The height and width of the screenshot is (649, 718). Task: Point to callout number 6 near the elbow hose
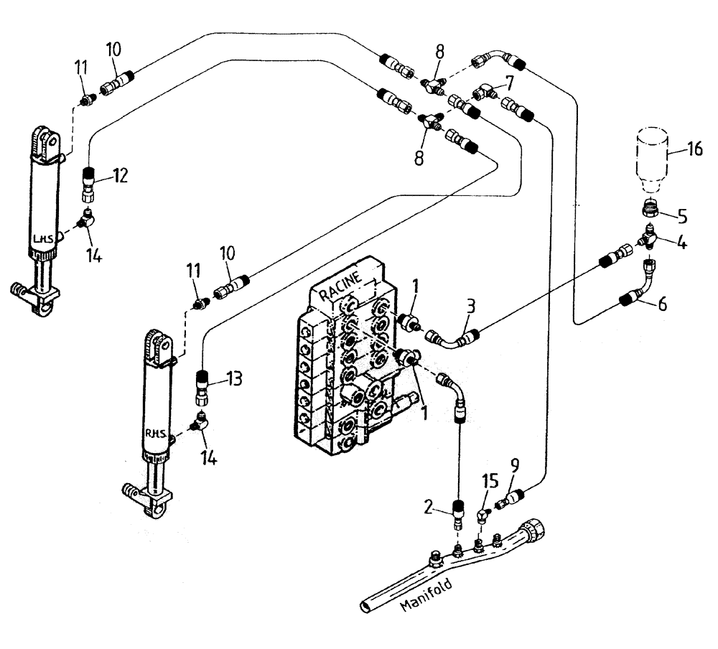tap(662, 304)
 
